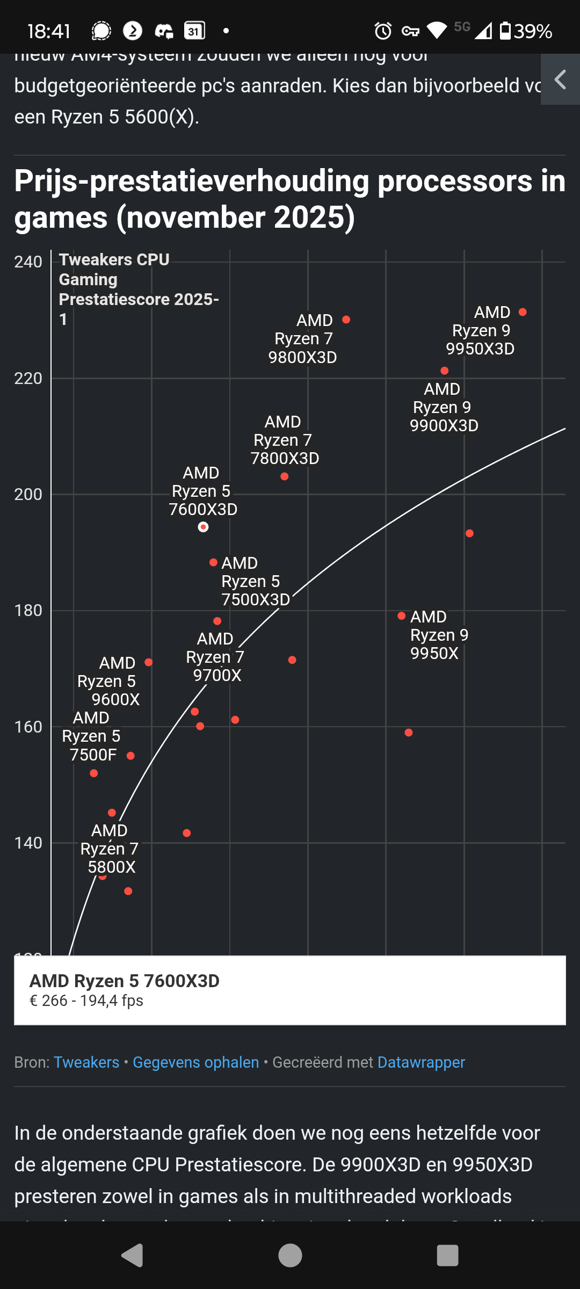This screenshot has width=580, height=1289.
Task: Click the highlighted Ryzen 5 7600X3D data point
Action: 203,527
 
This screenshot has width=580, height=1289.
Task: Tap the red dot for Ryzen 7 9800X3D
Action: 346,320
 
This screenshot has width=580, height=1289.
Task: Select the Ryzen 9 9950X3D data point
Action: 523,312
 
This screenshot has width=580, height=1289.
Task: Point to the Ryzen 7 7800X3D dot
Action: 285,476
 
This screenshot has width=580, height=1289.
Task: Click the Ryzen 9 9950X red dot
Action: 402,615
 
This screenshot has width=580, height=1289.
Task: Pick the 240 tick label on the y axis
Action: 28,262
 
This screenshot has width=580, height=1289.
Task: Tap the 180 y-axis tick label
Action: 28,611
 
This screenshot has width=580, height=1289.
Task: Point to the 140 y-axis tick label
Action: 28,843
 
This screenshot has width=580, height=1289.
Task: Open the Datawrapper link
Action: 421,1062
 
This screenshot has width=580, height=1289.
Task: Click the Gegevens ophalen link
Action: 195,1062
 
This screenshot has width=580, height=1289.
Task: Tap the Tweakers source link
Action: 86,1062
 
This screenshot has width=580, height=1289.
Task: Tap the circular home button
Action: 290,1256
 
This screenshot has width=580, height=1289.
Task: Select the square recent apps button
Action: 447,1256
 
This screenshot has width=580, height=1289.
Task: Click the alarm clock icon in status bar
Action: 383,31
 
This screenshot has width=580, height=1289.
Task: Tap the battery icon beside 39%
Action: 505,31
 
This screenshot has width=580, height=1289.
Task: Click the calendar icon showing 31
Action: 194,31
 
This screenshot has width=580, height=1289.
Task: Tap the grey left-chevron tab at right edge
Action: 560,79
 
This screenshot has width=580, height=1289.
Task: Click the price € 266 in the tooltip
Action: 48,1001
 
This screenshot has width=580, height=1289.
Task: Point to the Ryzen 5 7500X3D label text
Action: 256,581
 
